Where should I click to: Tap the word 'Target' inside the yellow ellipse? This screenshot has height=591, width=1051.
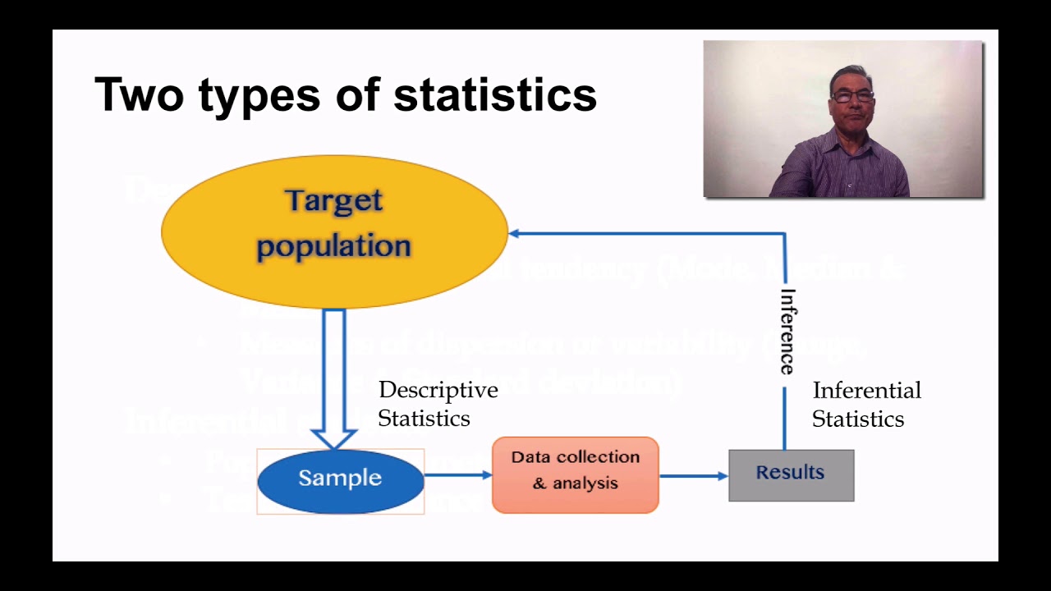click(x=334, y=200)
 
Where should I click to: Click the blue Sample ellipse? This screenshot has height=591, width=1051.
click(x=340, y=479)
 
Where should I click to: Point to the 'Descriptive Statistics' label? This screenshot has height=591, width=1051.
click(x=438, y=404)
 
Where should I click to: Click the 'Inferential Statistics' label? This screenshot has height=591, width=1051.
click(x=866, y=404)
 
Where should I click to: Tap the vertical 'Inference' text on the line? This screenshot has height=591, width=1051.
click(x=787, y=331)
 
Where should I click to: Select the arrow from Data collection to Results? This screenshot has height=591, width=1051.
click(x=693, y=475)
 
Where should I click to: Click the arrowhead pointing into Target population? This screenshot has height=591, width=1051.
click(x=515, y=233)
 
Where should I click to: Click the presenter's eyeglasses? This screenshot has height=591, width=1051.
click(x=851, y=96)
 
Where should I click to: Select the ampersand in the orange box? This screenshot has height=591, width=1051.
click(x=539, y=483)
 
